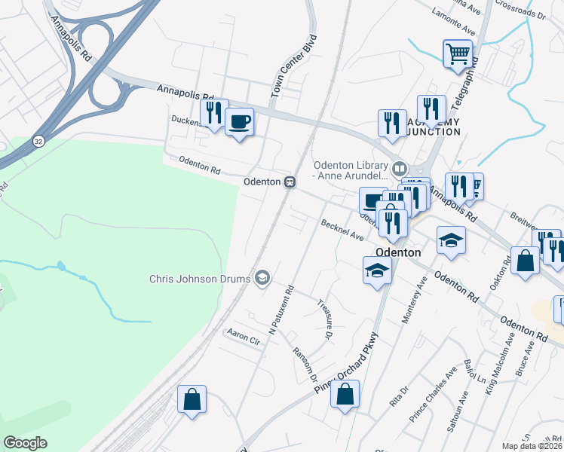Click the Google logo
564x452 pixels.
(25, 443)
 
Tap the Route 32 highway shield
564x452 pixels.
(38, 141)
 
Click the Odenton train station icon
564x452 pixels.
(290, 182)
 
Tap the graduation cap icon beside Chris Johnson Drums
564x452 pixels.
(262, 279)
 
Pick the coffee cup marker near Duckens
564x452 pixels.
(239, 122)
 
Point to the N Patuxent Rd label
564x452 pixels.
(280, 309)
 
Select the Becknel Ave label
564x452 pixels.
(342, 231)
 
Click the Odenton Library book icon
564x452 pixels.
(399, 168)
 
